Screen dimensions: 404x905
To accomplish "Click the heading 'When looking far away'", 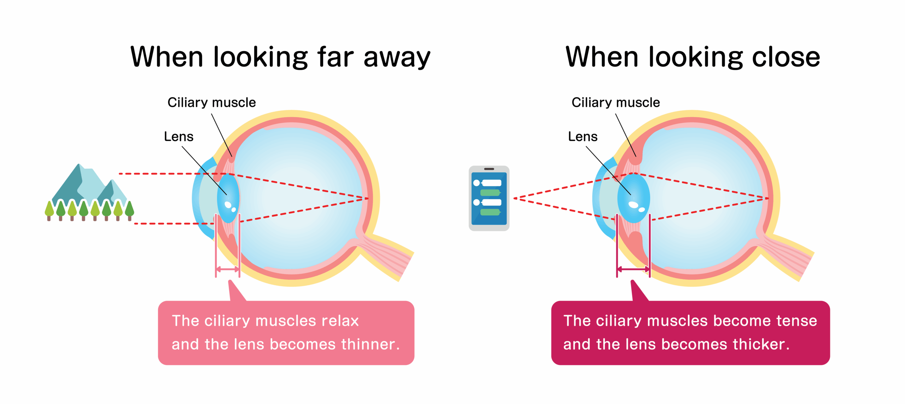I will pyautogui.click(x=280, y=57).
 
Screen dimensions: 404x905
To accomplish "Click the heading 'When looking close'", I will pyautogui.click(x=693, y=57).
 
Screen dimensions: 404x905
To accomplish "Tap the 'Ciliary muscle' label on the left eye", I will pyautogui.click(x=211, y=103).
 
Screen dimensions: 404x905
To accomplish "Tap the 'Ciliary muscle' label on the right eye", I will pyautogui.click(x=615, y=103).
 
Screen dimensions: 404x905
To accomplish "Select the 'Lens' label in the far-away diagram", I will pyautogui.click(x=179, y=137).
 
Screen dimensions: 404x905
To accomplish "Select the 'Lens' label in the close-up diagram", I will pyautogui.click(x=583, y=137).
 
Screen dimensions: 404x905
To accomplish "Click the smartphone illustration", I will pyautogui.click(x=489, y=198).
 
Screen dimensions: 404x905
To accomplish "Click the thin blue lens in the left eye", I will pyautogui.click(x=228, y=198).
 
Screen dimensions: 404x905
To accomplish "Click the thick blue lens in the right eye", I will pyautogui.click(x=633, y=198).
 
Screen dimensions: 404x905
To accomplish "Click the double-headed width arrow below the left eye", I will pyautogui.click(x=228, y=269).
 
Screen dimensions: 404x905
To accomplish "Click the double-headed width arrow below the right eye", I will pyautogui.click(x=633, y=269).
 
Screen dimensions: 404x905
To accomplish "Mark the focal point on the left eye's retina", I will pyautogui.click(x=368, y=198).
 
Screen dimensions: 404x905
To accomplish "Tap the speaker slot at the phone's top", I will pyautogui.click(x=489, y=169).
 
